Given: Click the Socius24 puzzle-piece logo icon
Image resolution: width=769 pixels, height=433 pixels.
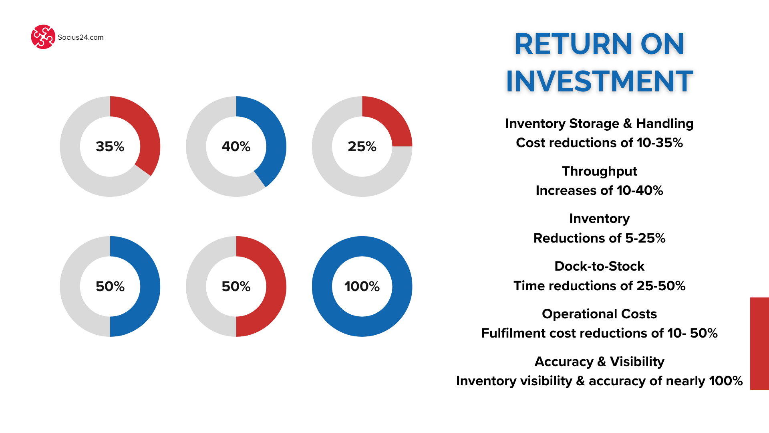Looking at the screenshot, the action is click(x=43, y=37).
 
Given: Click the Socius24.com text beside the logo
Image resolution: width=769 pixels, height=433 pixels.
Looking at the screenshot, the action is click(x=81, y=37).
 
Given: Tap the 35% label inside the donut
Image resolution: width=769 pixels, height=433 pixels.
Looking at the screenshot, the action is click(x=110, y=146).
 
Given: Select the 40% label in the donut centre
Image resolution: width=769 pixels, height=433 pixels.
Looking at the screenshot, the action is click(x=236, y=146).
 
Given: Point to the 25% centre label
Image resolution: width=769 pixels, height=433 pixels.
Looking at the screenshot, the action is click(x=362, y=146).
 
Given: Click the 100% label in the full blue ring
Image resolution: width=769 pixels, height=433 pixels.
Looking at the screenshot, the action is click(x=362, y=286).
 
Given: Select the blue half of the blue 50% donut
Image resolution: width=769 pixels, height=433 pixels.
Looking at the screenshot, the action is click(x=150, y=286).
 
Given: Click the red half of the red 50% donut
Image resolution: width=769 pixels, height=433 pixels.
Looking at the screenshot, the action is click(x=276, y=286).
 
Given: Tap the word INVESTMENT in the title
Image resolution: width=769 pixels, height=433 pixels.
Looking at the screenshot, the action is click(x=600, y=81).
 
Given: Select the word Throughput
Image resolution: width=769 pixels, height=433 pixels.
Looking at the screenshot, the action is click(x=600, y=171).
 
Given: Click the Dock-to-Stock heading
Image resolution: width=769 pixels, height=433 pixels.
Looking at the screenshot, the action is click(x=600, y=266).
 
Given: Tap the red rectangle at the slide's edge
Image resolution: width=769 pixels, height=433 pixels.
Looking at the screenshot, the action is click(x=759, y=344).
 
